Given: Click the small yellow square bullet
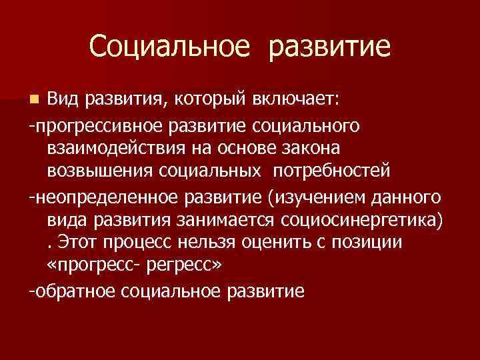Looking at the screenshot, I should click(x=34, y=101).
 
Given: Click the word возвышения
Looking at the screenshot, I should click(x=101, y=171).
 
